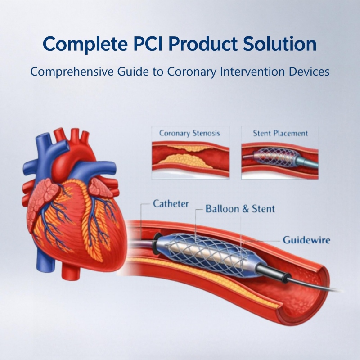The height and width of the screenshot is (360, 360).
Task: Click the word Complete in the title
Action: [x=85, y=45]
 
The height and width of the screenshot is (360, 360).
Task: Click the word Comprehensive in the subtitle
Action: [x=72, y=72]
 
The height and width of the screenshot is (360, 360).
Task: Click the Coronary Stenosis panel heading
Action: [x=189, y=133]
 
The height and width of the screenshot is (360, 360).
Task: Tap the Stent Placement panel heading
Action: [x=280, y=133]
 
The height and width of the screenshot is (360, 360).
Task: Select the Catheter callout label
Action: [x=171, y=204]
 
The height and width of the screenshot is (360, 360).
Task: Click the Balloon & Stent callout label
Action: [x=240, y=209]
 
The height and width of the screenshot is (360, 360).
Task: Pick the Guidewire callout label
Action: [x=306, y=240]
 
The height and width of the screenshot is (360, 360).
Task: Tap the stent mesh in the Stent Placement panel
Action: [x=275, y=156]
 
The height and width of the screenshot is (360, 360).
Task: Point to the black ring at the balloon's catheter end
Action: [x=157, y=244]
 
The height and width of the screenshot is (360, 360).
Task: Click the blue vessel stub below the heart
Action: [x=45, y=262]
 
